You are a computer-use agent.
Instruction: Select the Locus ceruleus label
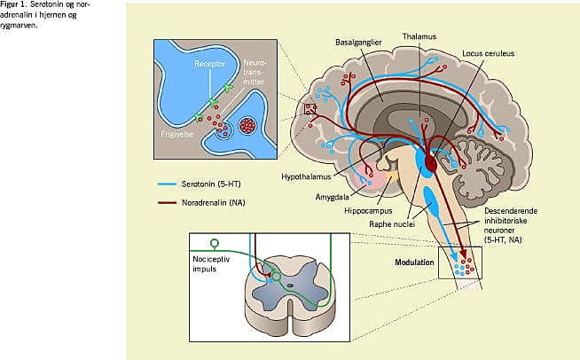point(488,53)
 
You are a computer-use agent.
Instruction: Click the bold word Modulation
point(415,263)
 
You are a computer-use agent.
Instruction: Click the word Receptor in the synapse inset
point(210,65)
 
